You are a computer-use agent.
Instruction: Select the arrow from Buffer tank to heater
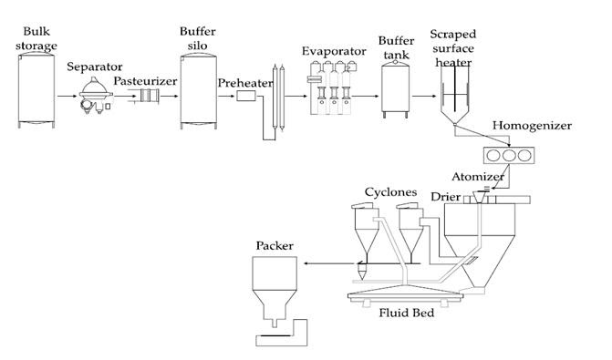tap(424, 95)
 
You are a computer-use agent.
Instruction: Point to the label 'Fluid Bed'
tap(407, 316)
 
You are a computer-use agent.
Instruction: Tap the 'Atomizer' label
tap(477, 175)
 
